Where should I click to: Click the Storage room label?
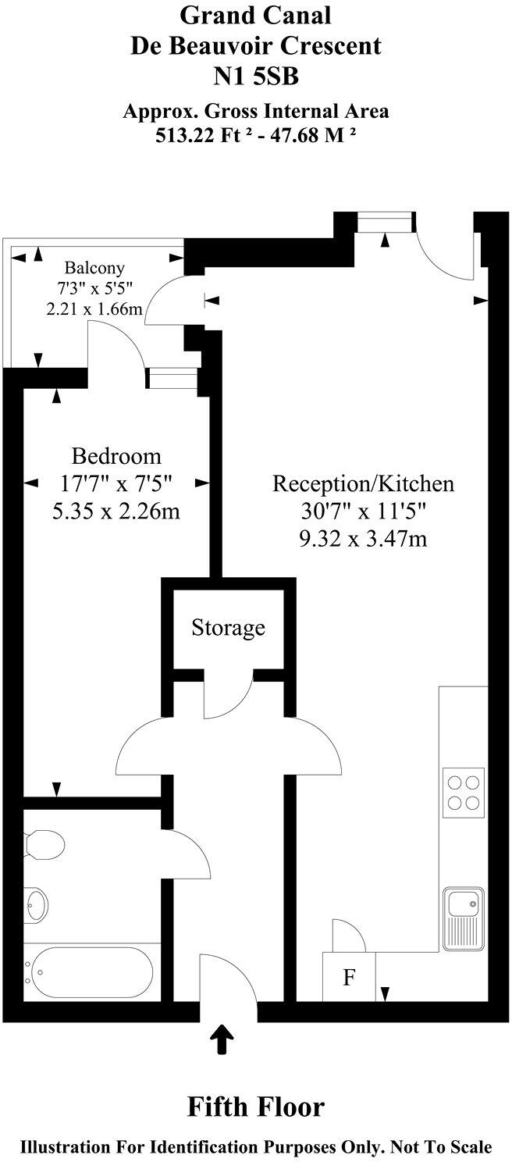[228, 627]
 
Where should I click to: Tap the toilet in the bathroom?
[44, 843]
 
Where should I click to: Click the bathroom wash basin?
[37, 905]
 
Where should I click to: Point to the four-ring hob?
[461, 792]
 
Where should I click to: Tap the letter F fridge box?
[349, 978]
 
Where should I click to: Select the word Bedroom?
[116, 456]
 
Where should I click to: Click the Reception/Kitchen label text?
[362, 483]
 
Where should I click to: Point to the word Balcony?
[94, 266]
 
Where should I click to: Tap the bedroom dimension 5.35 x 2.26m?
[116, 512]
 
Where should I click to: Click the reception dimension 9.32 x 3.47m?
[362, 538]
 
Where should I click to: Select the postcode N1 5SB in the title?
[256, 77]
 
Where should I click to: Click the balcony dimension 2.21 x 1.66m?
[94, 308]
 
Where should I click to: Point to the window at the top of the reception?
[384, 223]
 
